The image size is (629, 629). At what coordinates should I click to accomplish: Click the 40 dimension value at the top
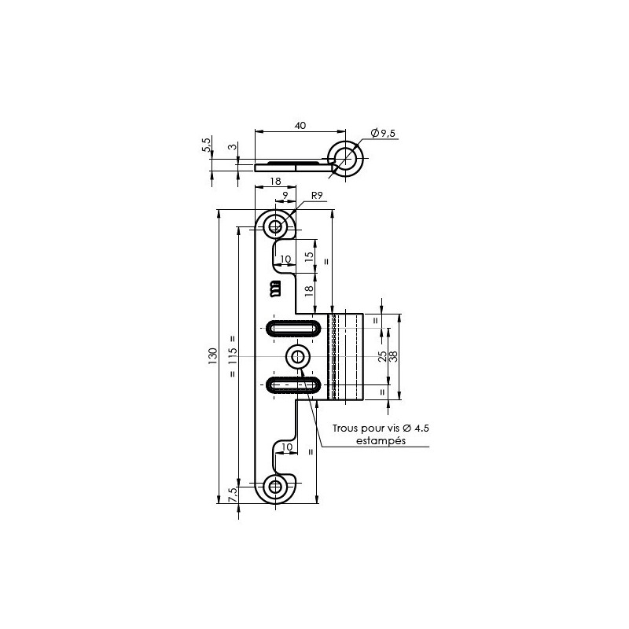300,126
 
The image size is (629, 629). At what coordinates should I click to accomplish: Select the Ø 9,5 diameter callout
383,133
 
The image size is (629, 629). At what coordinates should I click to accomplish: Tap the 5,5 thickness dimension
206,145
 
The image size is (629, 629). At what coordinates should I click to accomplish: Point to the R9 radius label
317,196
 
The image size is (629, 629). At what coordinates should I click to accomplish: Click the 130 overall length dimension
212,356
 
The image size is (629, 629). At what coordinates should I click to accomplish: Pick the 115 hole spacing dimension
233,356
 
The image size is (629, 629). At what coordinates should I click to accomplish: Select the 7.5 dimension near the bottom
233,495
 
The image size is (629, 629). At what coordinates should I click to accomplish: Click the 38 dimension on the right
394,356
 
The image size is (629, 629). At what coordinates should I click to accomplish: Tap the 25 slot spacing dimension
383,356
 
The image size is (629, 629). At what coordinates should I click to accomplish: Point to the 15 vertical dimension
309,257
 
